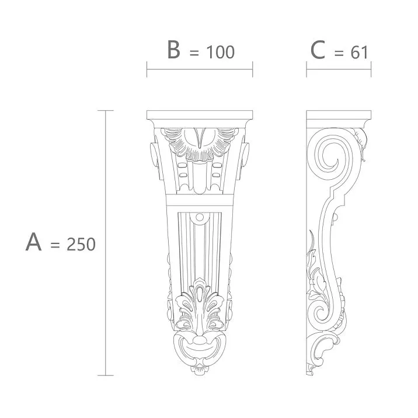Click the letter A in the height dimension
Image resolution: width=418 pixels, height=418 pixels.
coord(34,242)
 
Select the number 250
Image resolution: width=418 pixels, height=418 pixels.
coord(81,244)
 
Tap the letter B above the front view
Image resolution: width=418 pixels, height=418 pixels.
coord(173,50)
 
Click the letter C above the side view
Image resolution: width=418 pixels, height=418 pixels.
coord(318,50)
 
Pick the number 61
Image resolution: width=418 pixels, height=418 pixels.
coord(359,53)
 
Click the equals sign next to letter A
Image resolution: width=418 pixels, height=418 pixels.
coord(55,245)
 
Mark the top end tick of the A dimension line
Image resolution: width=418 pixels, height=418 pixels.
coord(105,110)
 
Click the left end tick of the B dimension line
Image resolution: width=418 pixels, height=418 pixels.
coord(147,70)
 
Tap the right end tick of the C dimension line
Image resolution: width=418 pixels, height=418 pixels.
coord(371,70)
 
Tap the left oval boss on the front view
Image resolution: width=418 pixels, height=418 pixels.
coord(154,156)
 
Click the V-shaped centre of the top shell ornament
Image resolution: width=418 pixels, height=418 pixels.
coord(200,139)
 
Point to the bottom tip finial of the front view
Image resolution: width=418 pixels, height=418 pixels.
coord(200,369)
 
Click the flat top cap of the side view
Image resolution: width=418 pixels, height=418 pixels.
coord(339,115)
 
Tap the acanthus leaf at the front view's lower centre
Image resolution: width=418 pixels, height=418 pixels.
coord(200,306)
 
